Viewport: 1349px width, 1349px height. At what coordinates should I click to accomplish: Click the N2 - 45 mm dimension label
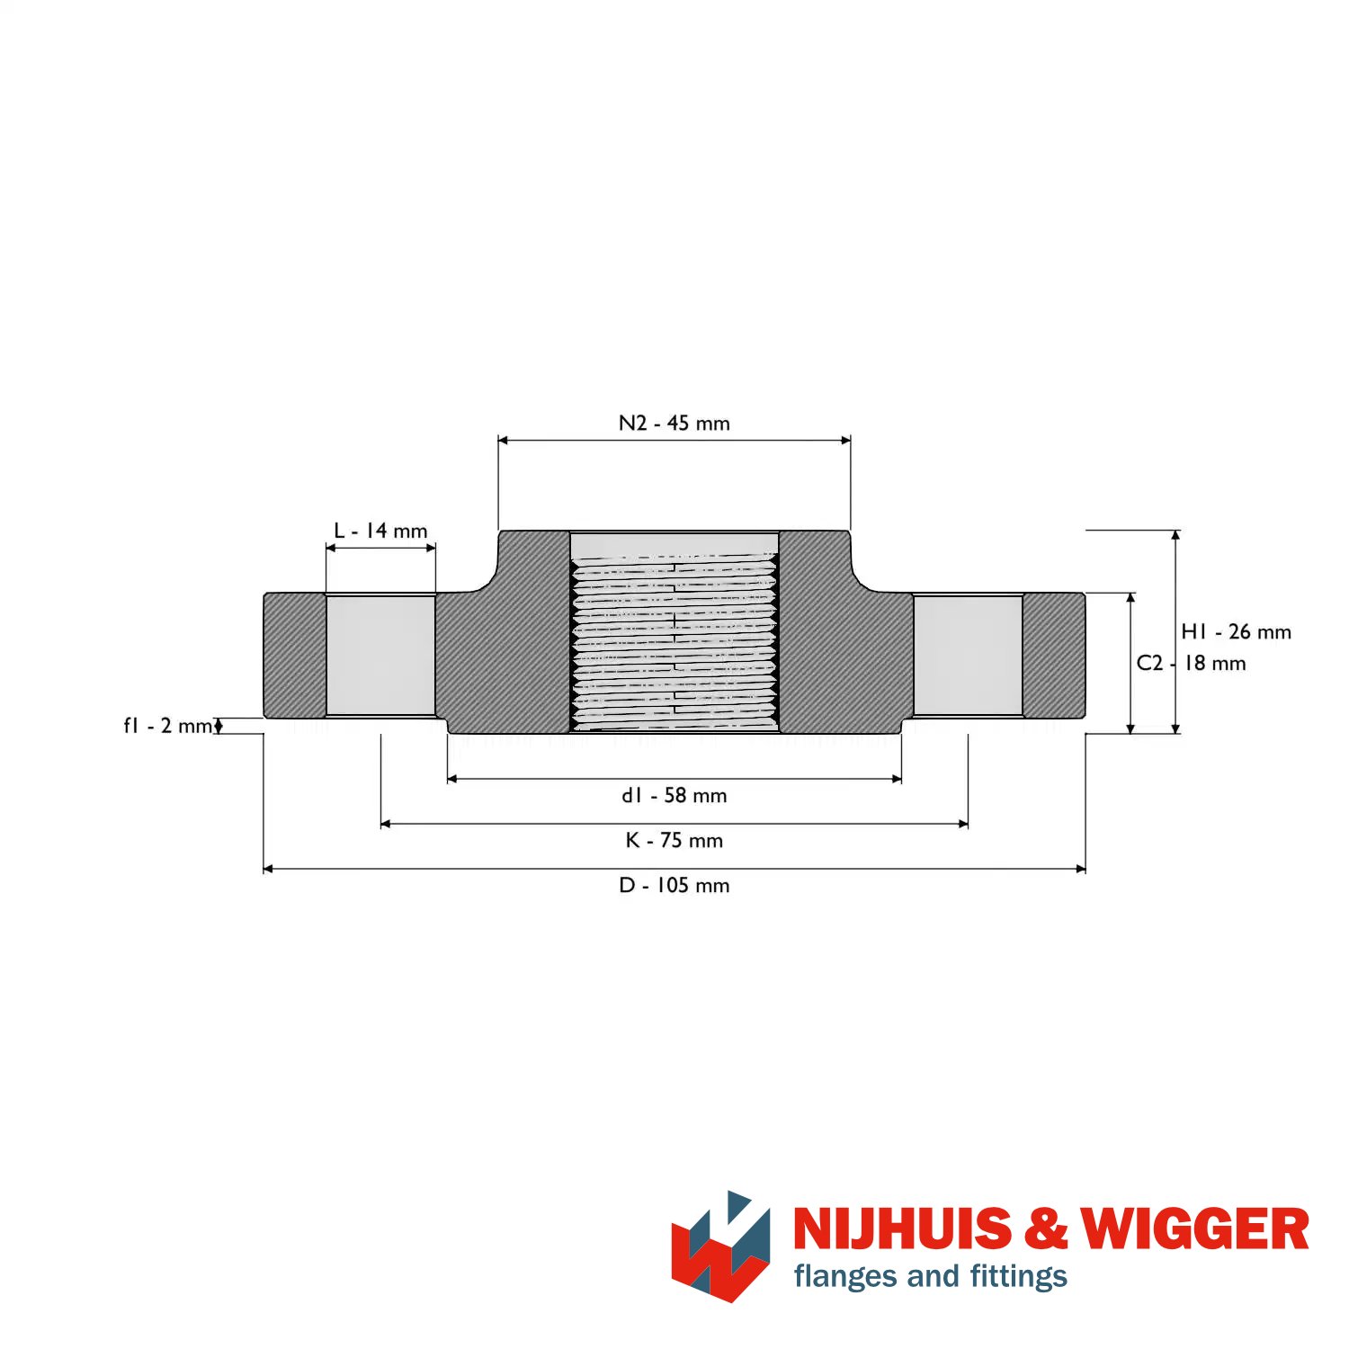(674, 423)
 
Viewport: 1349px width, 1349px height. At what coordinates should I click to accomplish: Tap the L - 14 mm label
(380, 531)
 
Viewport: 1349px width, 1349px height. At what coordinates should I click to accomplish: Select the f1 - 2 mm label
(168, 725)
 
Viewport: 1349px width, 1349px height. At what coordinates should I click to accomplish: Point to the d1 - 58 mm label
(674, 795)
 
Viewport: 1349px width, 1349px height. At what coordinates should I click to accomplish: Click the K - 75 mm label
(674, 840)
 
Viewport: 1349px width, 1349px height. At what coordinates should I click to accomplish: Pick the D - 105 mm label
(674, 885)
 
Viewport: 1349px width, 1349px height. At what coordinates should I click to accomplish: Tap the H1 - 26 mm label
(1237, 632)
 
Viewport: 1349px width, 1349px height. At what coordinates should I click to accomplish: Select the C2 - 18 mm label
(1192, 663)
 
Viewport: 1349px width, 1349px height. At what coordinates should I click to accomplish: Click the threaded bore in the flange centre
(674, 631)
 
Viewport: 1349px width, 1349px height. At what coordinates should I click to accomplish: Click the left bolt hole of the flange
(380, 656)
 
